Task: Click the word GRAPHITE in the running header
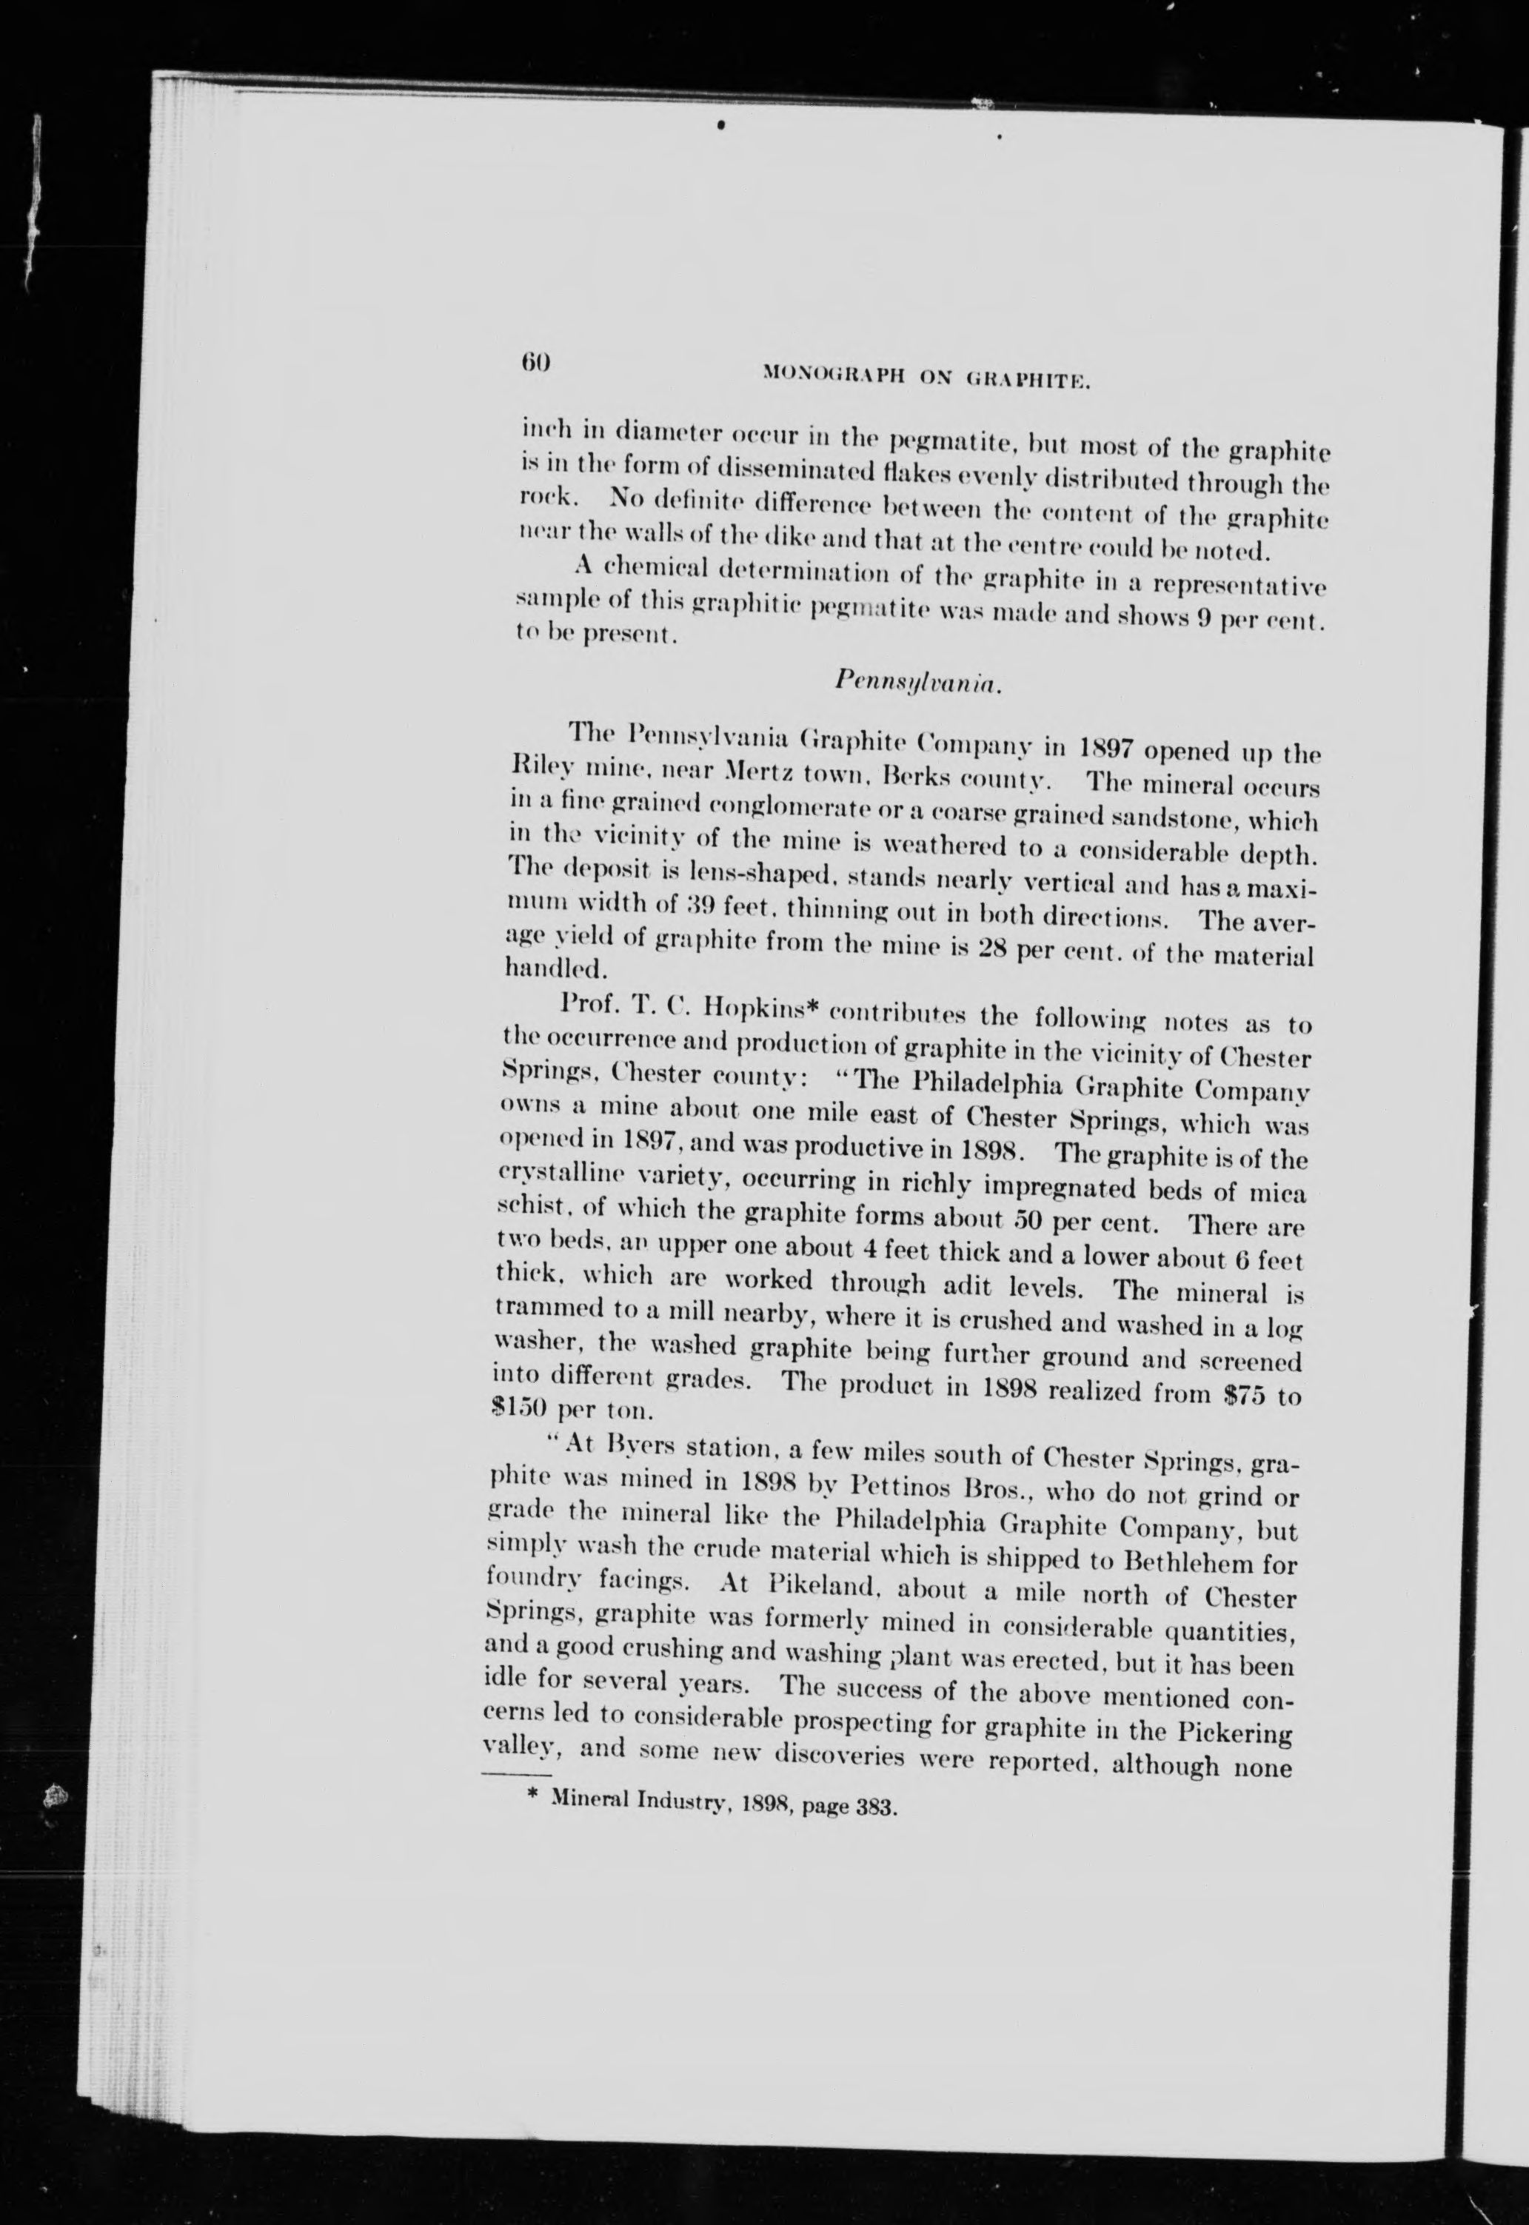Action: (x=1030, y=383)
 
